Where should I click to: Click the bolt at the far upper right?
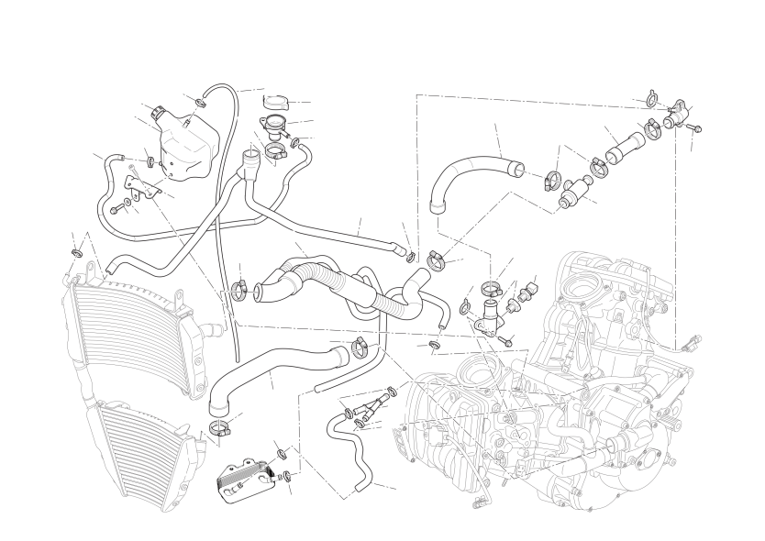click(x=693, y=127)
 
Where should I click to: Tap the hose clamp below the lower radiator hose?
click(x=219, y=426)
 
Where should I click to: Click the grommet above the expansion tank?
click(x=200, y=99)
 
